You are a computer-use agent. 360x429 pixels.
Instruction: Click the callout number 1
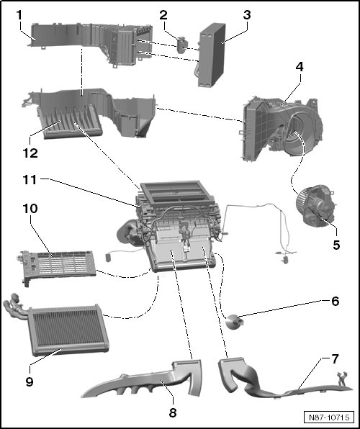[19, 15]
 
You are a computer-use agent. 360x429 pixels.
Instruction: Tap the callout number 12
[30, 153]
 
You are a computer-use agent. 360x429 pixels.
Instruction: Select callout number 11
[30, 180]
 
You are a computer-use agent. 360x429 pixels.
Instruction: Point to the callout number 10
[30, 209]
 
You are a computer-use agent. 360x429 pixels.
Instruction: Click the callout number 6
[336, 301]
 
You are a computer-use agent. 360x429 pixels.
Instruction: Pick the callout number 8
[173, 412]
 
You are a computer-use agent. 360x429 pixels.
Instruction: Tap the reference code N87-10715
[329, 417]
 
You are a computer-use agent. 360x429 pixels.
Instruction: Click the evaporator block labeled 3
[212, 55]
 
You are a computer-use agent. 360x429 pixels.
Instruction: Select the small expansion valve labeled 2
[181, 45]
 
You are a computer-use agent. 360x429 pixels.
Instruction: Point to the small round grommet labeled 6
[234, 321]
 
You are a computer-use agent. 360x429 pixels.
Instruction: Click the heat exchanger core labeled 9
[68, 330]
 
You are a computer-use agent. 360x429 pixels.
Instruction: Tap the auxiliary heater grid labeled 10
[58, 267]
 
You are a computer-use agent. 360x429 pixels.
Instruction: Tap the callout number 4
[300, 67]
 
